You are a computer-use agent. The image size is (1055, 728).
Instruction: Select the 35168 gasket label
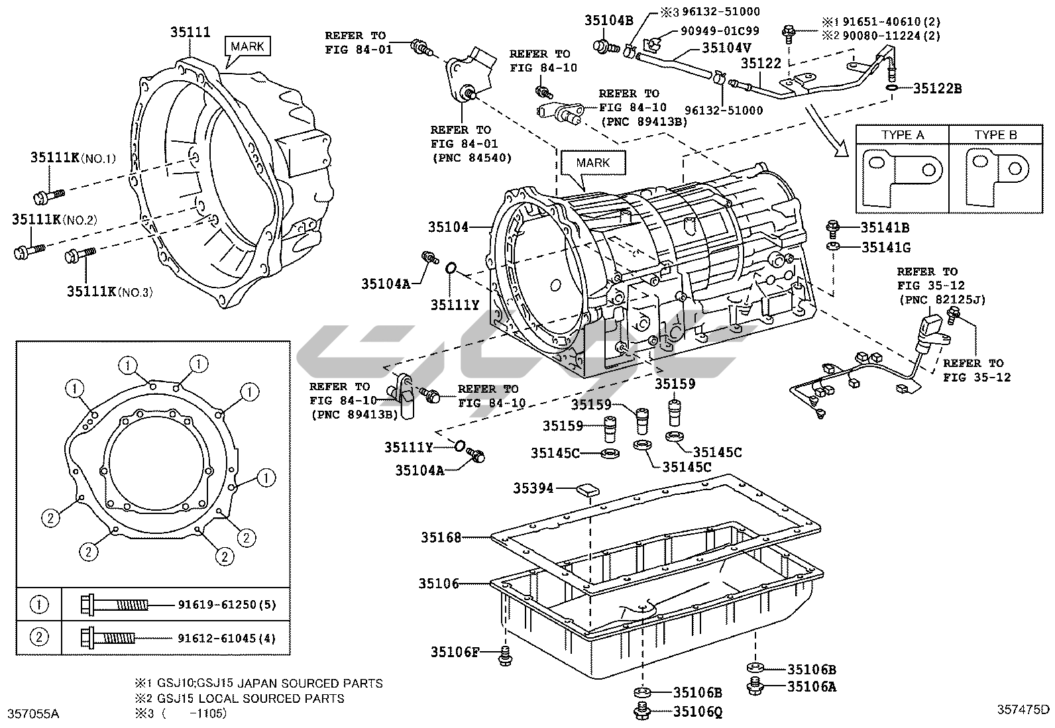(441, 537)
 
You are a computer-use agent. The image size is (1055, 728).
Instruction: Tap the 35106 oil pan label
(439, 584)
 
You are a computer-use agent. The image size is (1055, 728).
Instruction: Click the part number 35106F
(455, 652)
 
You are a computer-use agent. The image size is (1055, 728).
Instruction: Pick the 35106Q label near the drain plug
(698, 712)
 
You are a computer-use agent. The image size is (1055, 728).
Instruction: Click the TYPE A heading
(903, 135)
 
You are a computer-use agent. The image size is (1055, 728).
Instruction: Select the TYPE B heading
(995, 135)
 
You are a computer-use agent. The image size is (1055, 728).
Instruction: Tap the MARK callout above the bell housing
(248, 46)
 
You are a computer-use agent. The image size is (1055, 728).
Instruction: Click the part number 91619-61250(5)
(227, 605)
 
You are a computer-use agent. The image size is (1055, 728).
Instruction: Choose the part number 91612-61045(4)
(227, 639)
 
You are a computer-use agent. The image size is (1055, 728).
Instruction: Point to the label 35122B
(938, 88)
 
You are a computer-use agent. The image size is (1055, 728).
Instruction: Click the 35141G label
(886, 248)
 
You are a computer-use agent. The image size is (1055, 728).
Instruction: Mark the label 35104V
(727, 48)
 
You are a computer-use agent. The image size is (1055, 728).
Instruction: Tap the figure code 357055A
(33, 713)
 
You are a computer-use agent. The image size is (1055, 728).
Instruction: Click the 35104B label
(609, 20)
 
